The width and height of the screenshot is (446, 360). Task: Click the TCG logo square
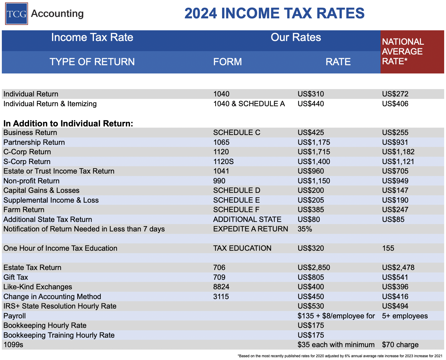click(x=17, y=14)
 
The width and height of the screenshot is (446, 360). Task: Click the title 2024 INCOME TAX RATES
click(x=274, y=13)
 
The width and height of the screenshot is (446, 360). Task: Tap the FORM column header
click(x=227, y=62)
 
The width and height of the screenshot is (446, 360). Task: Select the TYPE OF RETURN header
click(x=92, y=62)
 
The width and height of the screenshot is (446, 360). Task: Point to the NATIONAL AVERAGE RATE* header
click(x=403, y=51)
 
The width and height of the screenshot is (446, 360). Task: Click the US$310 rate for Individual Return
click(x=311, y=94)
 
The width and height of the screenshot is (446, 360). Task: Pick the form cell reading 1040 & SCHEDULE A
click(x=249, y=104)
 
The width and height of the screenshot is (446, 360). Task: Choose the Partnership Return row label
click(x=34, y=142)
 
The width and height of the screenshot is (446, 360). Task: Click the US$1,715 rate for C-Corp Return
click(x=314, y=152)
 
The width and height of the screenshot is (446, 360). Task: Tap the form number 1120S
click(x=223, y=162)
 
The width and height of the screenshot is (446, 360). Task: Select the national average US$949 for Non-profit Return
click(x=395, y=181)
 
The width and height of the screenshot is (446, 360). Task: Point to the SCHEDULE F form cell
click(x=236, y=210)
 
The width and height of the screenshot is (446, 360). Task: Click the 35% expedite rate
click(x=305, y=229)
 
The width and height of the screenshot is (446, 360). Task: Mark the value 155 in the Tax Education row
click(x=388, y=248)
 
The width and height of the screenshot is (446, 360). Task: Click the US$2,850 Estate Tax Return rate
click(x=314, y=268)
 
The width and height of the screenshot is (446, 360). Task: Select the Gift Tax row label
click(x=16, y=277)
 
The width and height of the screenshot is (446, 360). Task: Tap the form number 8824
click(x=221, y=287)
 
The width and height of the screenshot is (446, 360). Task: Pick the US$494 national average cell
click(x=395, y=306)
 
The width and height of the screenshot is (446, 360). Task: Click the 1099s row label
click(x=13, y=345)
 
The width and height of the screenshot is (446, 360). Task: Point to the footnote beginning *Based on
click(x=340, y=356)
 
